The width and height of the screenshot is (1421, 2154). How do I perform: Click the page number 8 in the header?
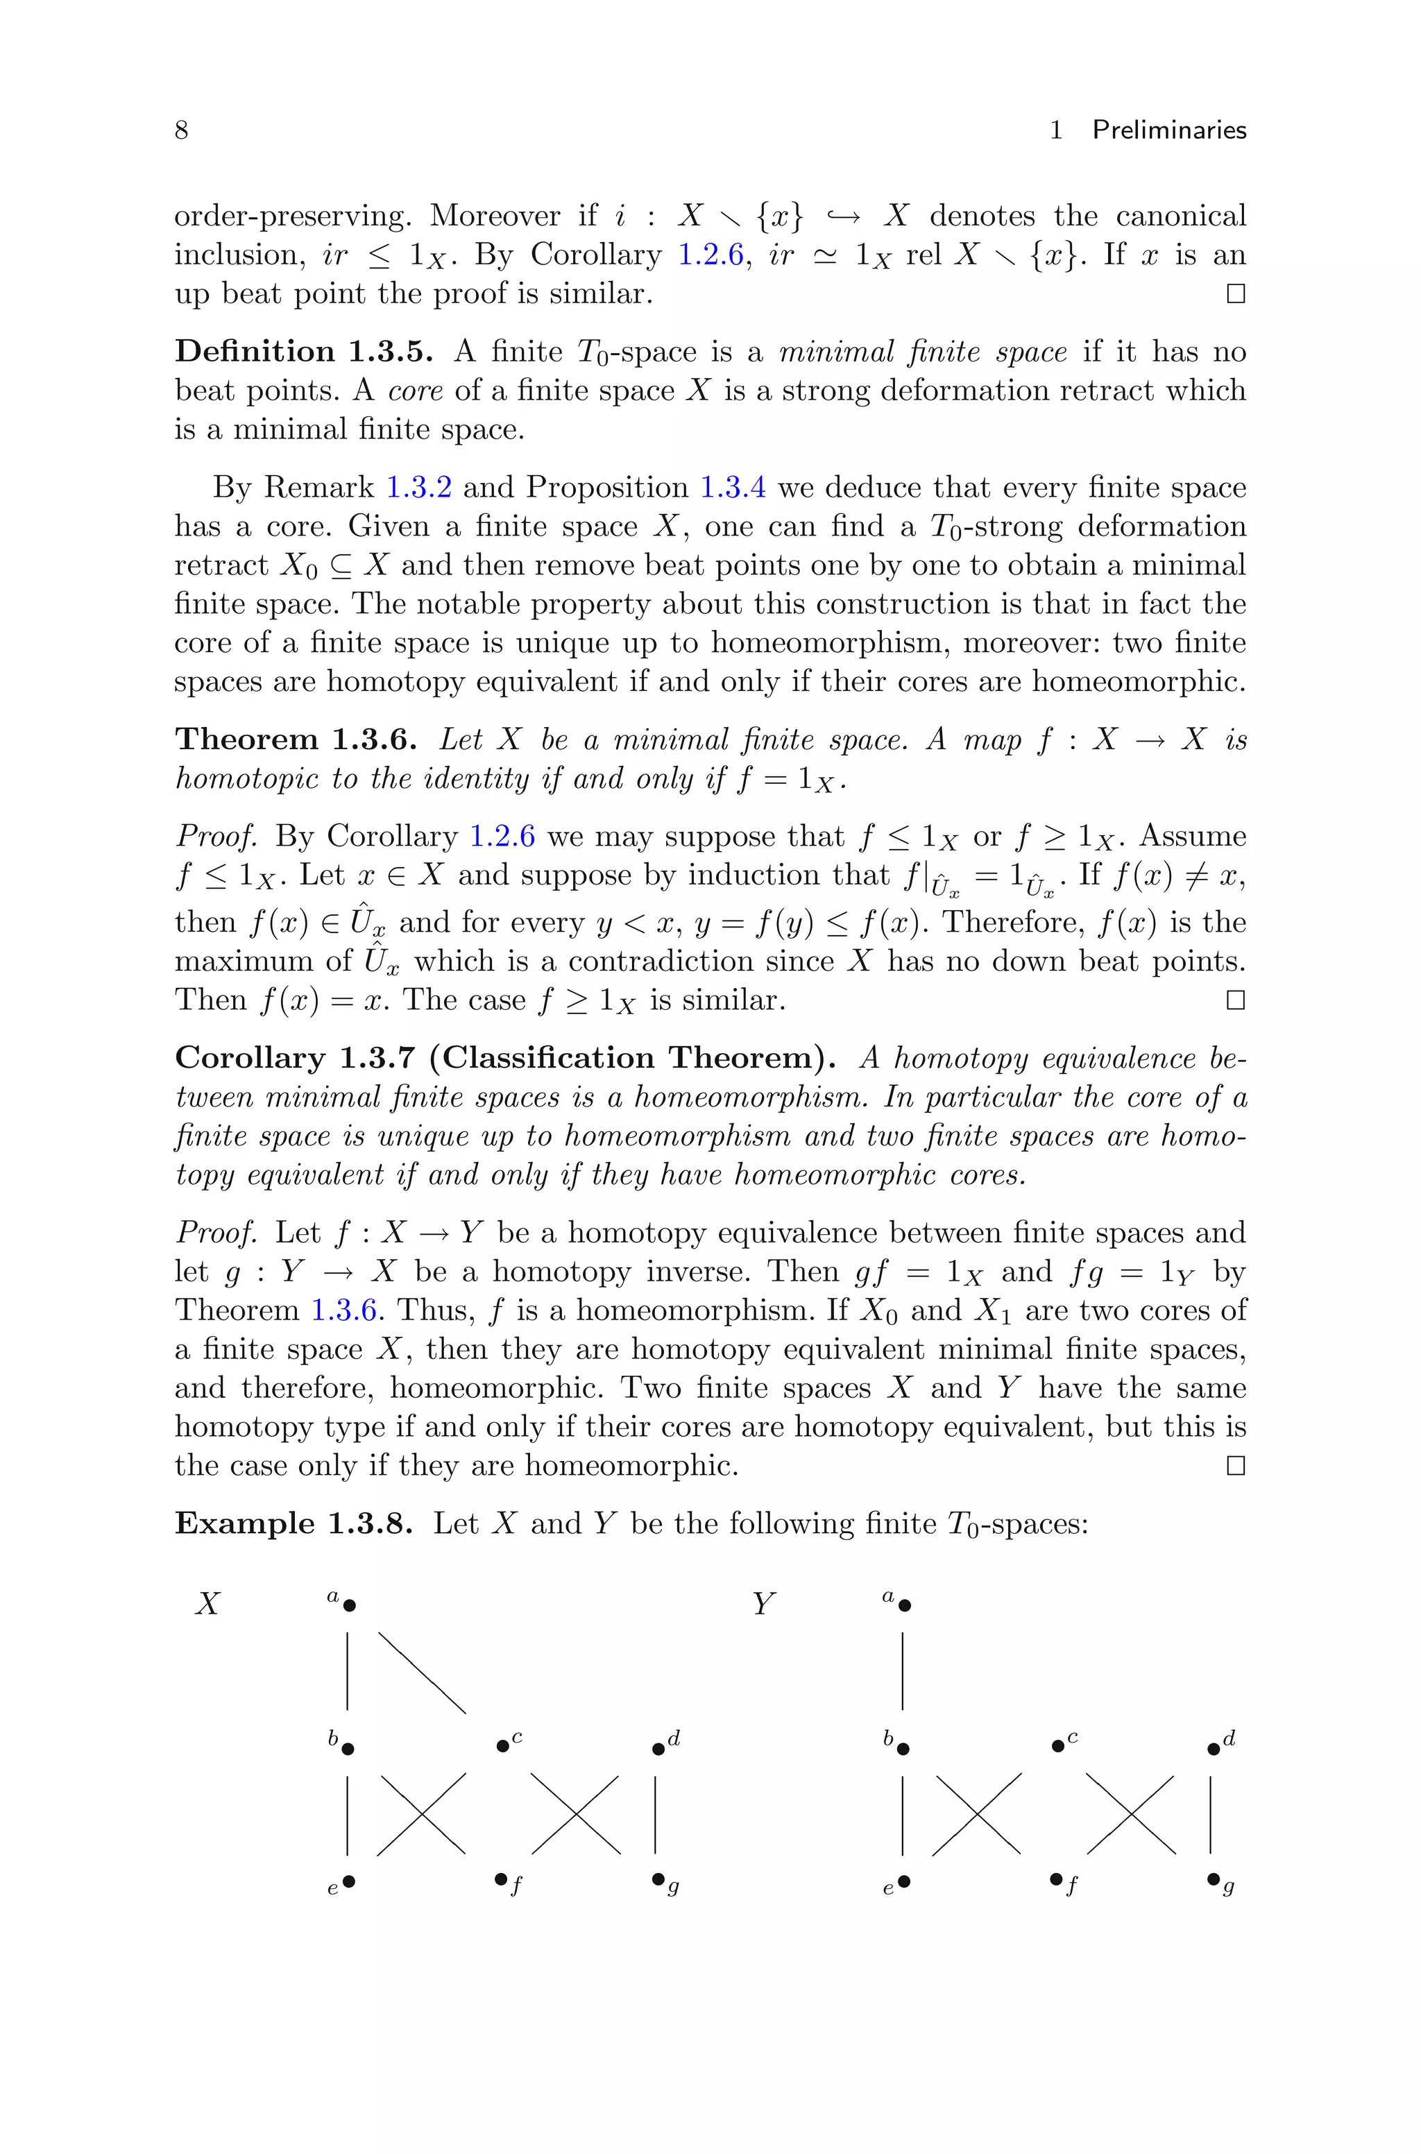[x=181, y=130]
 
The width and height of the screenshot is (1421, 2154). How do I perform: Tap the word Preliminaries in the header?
[x=1169, y=130]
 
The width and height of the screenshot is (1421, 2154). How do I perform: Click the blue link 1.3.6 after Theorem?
[x=344, y=1310]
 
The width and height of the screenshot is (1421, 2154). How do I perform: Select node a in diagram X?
[x=350, y=1605]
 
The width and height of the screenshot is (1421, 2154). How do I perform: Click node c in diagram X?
[x=503, y=1745]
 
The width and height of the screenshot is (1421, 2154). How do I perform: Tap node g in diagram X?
[x=658, y=1881]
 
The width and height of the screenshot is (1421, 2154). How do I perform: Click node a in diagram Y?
[x=905, y=1605]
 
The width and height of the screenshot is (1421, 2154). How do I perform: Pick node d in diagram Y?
[x=1214, y=1748]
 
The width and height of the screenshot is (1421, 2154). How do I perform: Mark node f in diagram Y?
[x=1057, y=1881]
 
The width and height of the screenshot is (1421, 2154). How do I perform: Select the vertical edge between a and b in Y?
[x=903, y=1671]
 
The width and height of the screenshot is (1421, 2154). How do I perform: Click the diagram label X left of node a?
[x=207, y=1604]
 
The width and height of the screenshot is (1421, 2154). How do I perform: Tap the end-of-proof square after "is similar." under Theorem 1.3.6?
[x=1234, y=1000]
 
